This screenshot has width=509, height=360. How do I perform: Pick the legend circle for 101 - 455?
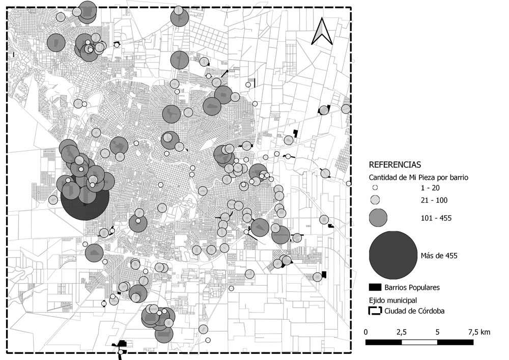pos(377,218)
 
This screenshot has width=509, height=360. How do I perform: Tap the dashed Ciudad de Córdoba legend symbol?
pos(375,311)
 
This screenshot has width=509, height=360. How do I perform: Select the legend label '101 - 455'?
pos(437,218)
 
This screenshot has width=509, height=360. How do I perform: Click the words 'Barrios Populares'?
pos(412,288)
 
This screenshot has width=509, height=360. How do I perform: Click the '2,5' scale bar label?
pos(401,332)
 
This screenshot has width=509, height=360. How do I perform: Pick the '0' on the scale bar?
pos(366,332)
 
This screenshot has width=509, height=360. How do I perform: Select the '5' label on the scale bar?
pos(437,332)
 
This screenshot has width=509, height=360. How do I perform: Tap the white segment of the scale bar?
pos(419,342)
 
